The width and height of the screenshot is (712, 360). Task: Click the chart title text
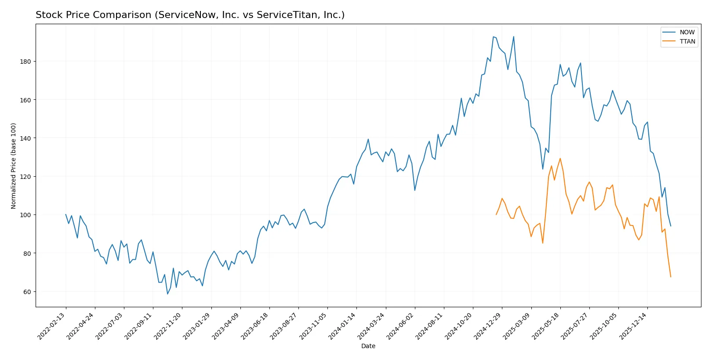(190, 15)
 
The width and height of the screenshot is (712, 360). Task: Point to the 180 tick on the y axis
(25, 62)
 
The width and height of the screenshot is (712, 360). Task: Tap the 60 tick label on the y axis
(27, 292)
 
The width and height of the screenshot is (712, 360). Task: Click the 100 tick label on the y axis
(25, 215)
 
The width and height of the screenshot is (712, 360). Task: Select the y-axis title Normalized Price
(14, 166)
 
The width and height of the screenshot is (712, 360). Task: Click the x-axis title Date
(368, 346)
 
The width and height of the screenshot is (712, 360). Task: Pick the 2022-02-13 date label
(52, 326)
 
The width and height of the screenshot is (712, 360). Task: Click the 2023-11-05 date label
(313, 326)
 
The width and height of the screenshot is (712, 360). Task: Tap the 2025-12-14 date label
(633, 326)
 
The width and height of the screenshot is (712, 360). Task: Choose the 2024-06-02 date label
(400, 326)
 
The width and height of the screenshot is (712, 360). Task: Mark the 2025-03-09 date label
(517, 326)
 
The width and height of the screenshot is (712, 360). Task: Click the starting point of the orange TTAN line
(496, 215)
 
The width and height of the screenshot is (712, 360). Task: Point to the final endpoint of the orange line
(671, 277)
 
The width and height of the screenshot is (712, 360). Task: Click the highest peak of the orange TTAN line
(560, 159)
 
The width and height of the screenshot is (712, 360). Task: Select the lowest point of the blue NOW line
(167, 294)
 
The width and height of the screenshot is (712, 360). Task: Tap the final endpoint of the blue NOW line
(671, 226)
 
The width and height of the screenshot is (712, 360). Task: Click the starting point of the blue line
(66, 215)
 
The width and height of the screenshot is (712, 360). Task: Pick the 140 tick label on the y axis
(25, 138)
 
